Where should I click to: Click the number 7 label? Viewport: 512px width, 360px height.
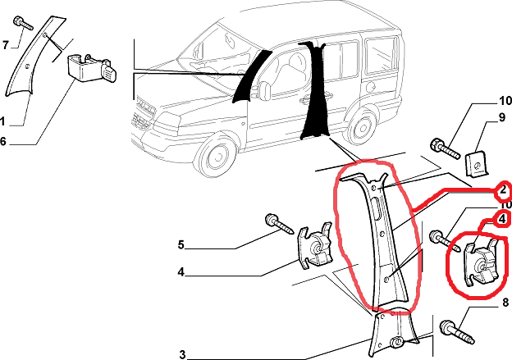tap(5, 45)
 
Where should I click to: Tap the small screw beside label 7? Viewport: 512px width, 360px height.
tap(23, 23)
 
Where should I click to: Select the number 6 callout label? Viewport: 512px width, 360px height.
tap(3, 141)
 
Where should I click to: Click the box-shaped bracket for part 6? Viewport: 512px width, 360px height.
tap(92, 69)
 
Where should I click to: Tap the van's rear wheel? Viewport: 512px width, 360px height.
tap(362, 126)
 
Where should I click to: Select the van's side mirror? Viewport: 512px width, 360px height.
tap(264, 89)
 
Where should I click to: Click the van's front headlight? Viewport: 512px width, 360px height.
tap(169, 121)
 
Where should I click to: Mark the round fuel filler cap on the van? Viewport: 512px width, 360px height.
tap(370, 87)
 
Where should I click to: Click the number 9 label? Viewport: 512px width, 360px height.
tap(502, 117)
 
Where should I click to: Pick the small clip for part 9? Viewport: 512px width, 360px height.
tap(477, 164)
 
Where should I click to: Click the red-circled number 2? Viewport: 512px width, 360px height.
tap(503, 189)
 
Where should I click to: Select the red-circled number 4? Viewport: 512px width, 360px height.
tap(503, 219)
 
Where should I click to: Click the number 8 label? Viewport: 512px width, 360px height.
tap(505, 303)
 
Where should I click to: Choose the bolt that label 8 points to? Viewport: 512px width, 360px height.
tap(457, 332)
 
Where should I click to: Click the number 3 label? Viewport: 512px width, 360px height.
tap(182, 354)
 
